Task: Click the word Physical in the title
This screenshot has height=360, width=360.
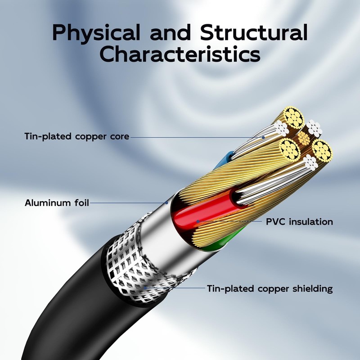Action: pos(96,33)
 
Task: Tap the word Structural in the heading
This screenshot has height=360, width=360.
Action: pos(254,32)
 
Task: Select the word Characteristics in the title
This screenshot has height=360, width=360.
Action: pos(180,54)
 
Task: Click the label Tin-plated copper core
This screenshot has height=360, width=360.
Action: pos(77,136)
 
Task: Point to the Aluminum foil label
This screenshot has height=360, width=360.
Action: pos(57,203)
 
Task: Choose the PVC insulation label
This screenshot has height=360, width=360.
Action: pos(299,222)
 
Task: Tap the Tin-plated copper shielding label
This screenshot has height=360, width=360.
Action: pos(270,288)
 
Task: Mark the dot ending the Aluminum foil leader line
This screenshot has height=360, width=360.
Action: pos(166,203)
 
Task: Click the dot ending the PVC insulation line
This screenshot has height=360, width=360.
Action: pos(198,221)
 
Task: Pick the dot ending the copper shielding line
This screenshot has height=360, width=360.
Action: pos(145,288)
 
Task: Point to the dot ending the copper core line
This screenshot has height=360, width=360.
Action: pos(264,138)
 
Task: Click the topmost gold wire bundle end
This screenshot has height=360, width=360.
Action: pos(294,118)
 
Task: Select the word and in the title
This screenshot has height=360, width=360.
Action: pos(170,32)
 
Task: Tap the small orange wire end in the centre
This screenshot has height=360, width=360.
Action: pos(304,138)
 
